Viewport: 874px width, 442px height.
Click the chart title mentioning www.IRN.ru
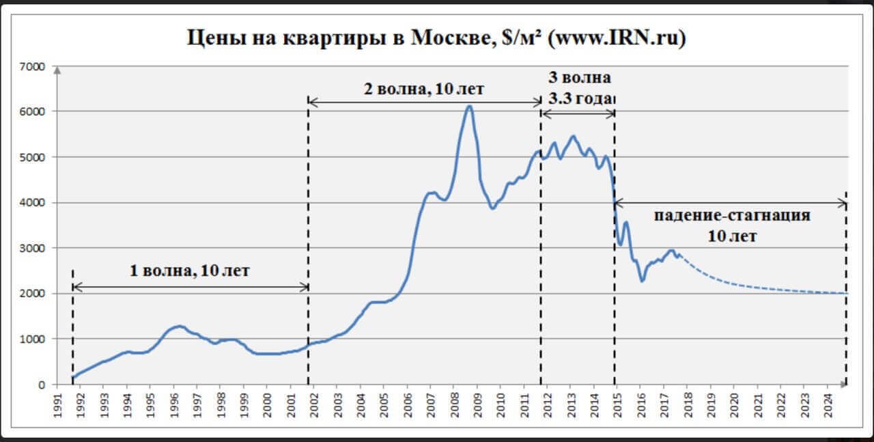tap(436, 38)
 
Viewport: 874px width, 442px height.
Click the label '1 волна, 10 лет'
tap(190, 271)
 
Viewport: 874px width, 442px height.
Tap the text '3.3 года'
tap(580, 98)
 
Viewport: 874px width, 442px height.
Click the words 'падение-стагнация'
tap(732, 216)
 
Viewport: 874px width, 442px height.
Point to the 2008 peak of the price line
tap(469, 106)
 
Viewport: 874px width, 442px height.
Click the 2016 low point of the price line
tap(642, 281)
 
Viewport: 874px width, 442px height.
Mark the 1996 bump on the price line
tap(179, 326)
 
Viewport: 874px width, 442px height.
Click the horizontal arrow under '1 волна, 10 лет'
tap(190, 287)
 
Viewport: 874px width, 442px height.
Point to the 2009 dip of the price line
tap(492, 208)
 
